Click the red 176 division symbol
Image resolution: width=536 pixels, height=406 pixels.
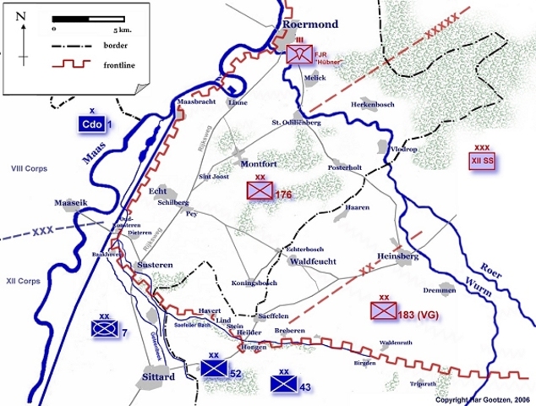tap(259, 191)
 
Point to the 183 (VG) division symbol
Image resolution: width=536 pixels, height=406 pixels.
tap(383, 310)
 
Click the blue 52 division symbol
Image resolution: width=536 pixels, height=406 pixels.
tap(214, 369)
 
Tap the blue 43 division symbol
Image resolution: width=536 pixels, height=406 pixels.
tap(282, 383)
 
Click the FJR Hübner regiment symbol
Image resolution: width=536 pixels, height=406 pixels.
tap(298, 56)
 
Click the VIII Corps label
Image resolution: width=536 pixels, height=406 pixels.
tap(29, 169)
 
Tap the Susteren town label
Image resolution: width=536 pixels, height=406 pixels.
tap(155, 266)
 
